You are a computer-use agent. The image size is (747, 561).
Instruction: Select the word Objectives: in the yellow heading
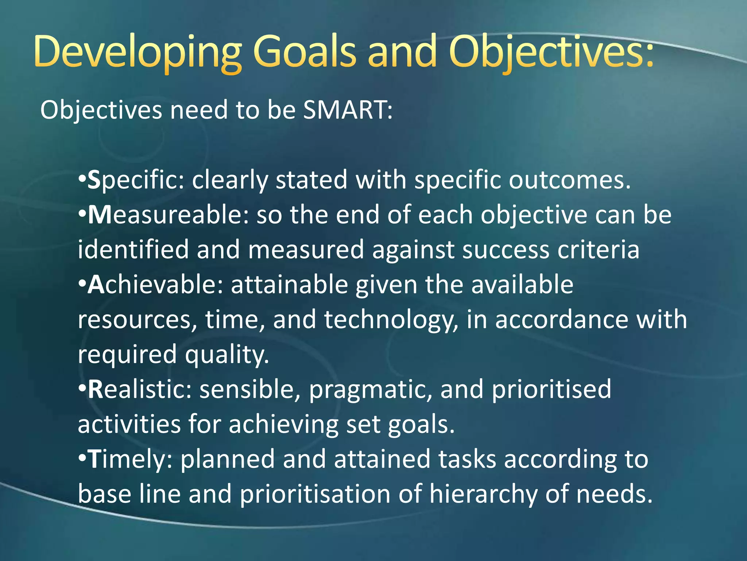551,52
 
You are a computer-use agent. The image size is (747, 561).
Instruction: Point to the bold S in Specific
94,180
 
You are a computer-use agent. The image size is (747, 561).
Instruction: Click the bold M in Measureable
99,215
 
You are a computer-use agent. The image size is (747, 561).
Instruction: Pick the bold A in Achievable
96,285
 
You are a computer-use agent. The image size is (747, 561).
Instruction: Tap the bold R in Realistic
96,389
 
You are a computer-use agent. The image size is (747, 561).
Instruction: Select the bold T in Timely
94,459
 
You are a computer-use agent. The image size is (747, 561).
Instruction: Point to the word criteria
598,249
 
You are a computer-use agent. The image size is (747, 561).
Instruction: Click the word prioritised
551,389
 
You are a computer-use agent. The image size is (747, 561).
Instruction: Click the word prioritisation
315,494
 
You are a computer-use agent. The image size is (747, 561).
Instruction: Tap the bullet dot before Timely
82,458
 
